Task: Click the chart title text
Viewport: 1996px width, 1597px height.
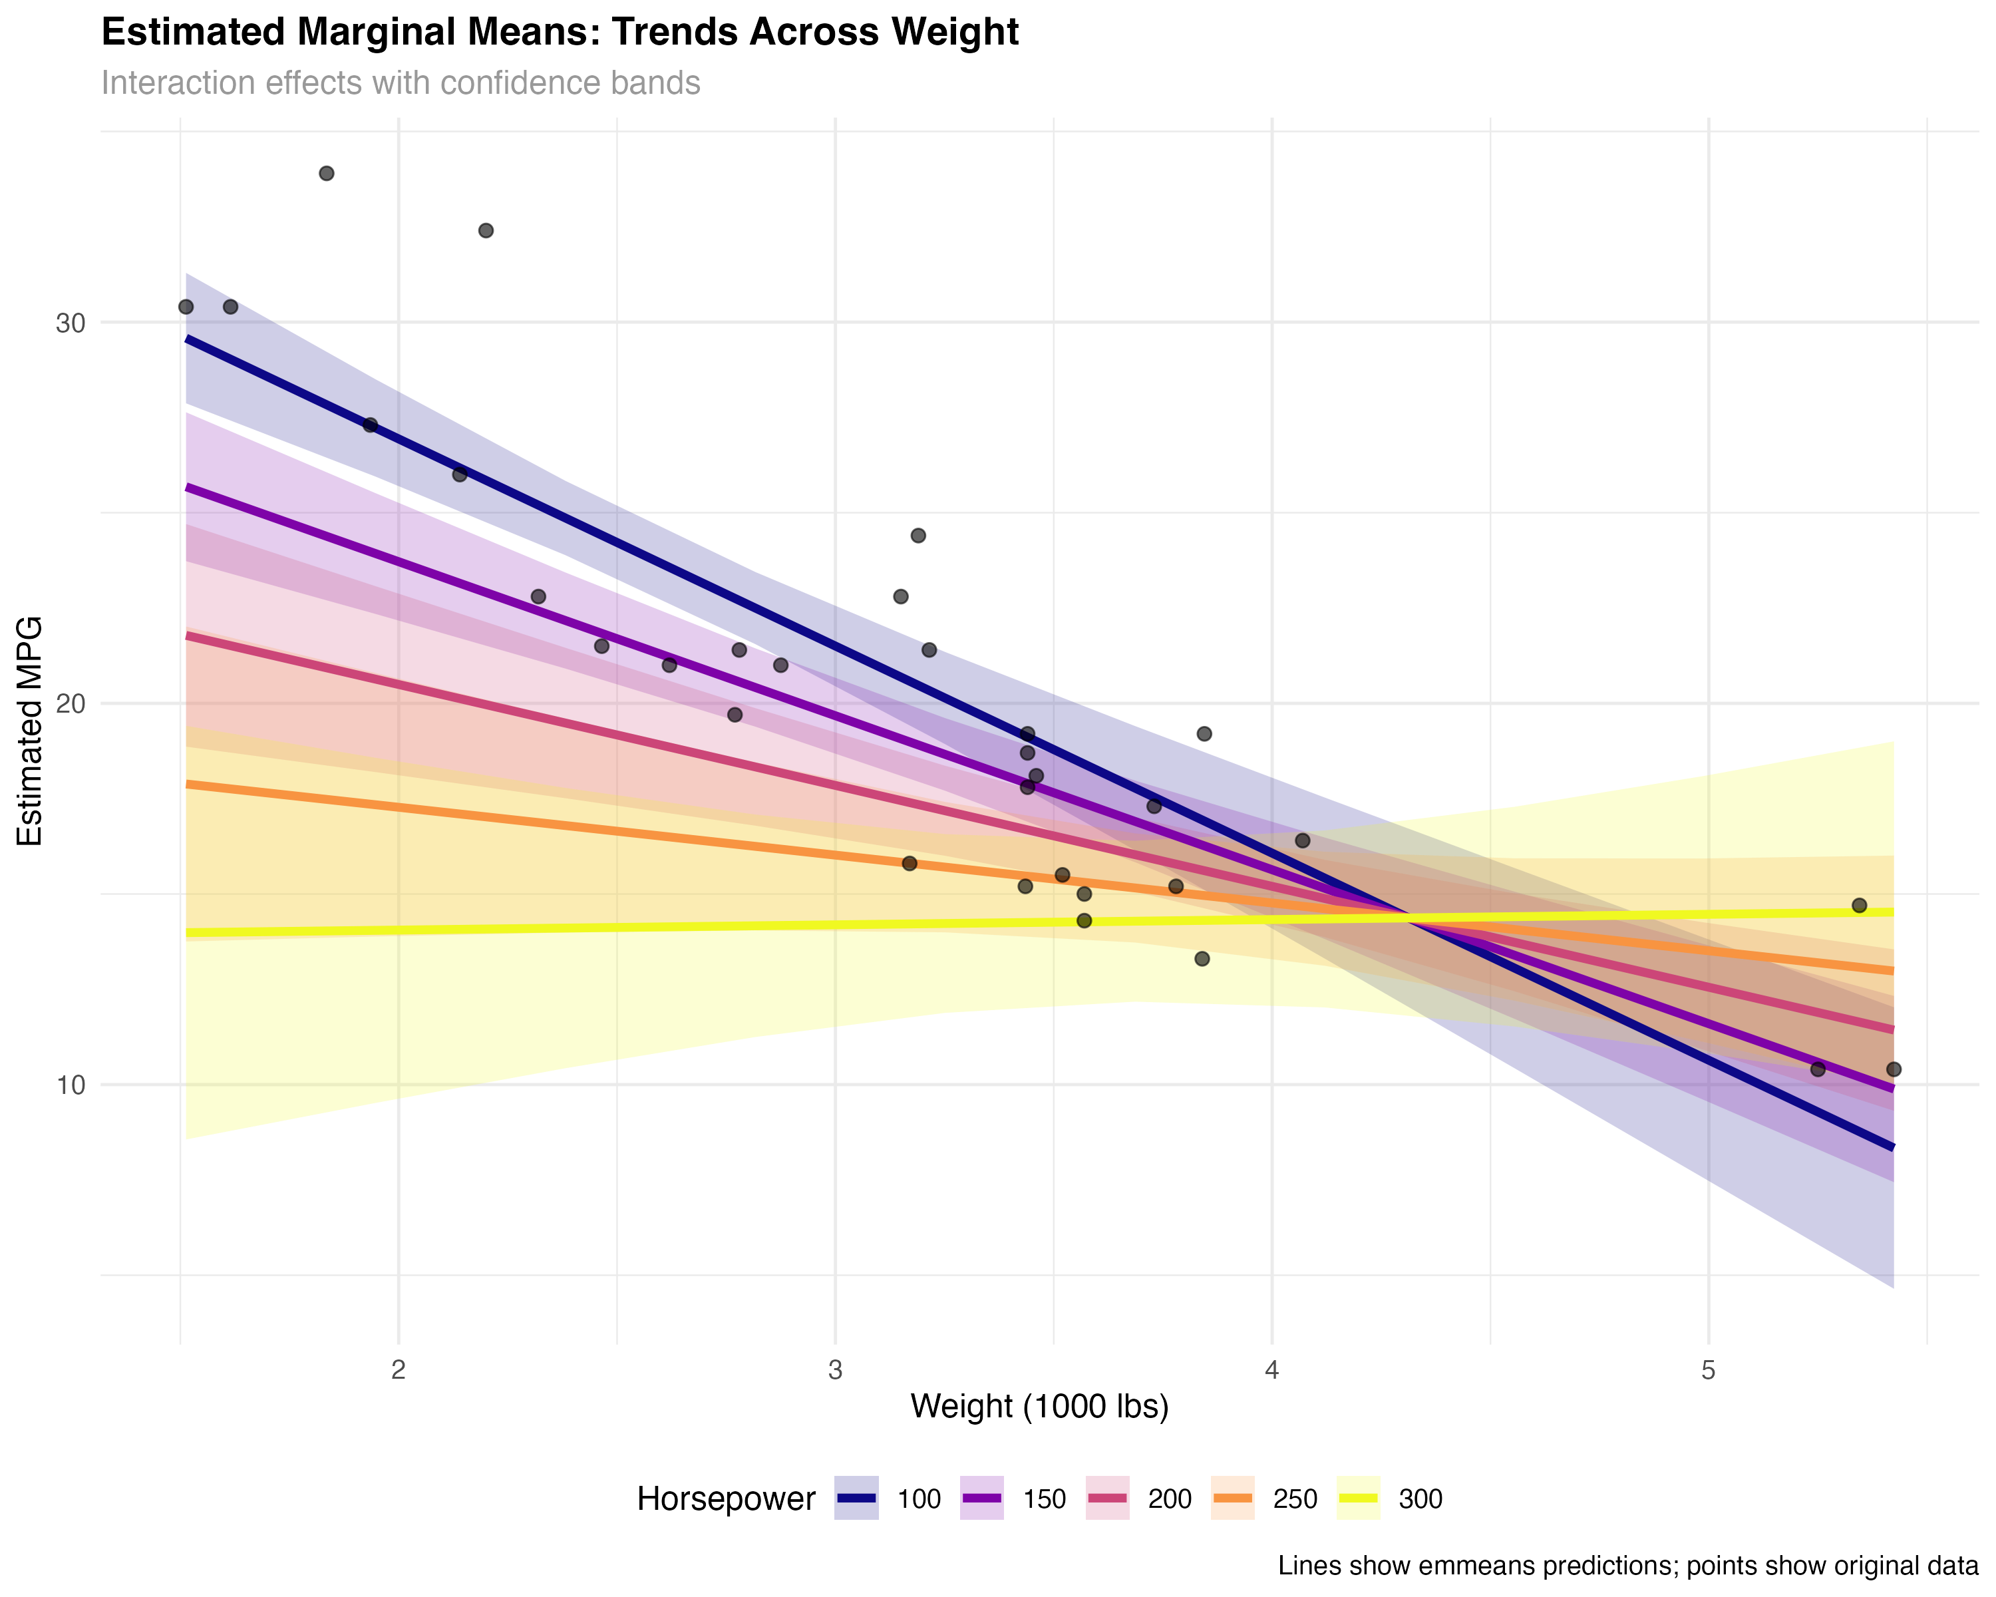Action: [400, 83]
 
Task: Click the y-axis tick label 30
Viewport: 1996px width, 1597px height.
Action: [71, 323]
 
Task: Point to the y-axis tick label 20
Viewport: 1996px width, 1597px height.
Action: [71, 703]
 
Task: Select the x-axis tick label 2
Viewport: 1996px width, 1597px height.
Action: [398, 1370]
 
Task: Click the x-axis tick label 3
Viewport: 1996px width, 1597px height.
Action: [835, 1370]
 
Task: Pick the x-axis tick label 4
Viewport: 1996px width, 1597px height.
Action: [1272, 1370]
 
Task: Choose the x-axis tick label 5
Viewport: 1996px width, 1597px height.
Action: [1708, 1370]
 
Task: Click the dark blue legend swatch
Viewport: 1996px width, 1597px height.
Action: [856, 1498]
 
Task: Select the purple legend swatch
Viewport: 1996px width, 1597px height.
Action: [981, 1498]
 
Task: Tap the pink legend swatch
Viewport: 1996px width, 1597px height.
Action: [1107, 1498]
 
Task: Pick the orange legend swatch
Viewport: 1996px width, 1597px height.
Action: [1232, 1498]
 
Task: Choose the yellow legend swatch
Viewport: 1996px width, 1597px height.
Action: [1358, 1498]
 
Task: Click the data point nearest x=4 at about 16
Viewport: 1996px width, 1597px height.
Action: [1303, 840]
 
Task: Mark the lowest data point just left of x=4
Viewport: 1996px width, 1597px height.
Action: [1202, 958]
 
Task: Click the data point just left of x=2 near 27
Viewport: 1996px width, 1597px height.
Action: [371, 425]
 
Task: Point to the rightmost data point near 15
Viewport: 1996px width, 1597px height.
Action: [1859, 904]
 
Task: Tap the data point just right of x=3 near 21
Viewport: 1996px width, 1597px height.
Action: [929, 650]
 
